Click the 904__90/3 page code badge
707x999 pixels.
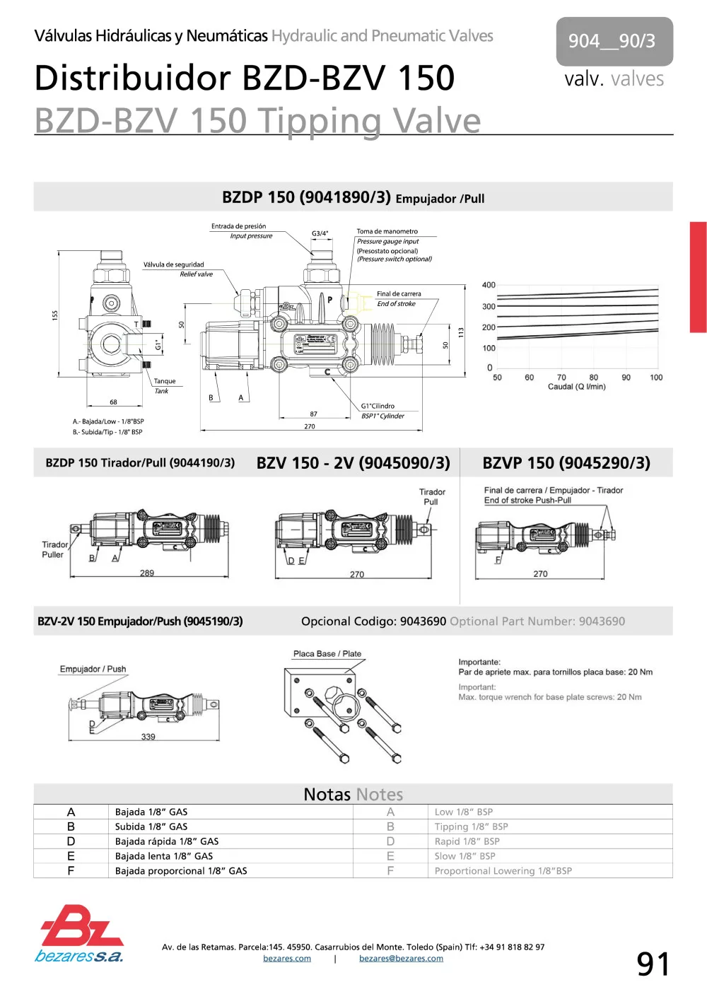pyautogui.click(x=614, y=41)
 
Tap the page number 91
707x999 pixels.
pyautogui.click(x=653, y=964)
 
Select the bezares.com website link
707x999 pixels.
pyautogui.click(x=287, y=959)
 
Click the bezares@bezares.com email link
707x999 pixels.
pyautogui.click(x=401, y=959)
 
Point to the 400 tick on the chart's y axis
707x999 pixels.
pyautogui.click(x=489, y=285)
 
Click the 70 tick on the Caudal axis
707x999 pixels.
pyautogui.click(x=561, y=378)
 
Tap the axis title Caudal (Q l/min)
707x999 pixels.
pyautogui.click(x=576, y=387)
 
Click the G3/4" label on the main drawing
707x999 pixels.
pyautogui.click(x=320, y=233)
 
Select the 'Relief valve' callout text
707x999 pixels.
pyautogui.click(x=196, y=274)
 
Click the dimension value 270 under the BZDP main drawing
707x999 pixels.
pyautogui.click(x=310, y=426)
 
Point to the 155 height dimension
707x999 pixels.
pyautogui.click(x=55, y=315)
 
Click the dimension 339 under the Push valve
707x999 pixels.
pyautogui.click(x=148, y=737)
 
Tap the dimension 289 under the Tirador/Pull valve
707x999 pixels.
pyautogui.click(x=147, y=573)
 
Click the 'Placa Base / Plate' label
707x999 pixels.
pyautogui.click(x=327, y=654)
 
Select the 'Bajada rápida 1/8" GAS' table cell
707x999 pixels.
pyautogui.click(x=167, y=841)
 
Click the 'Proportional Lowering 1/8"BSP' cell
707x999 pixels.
pyautogui.click(x=503, y=871)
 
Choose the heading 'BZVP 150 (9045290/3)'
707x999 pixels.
pyautogui.click(x=566, y=463)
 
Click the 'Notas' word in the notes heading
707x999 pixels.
pyautogui.click(x=327, y=795)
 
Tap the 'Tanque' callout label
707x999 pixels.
pyautogui.click(x=165, y=381)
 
